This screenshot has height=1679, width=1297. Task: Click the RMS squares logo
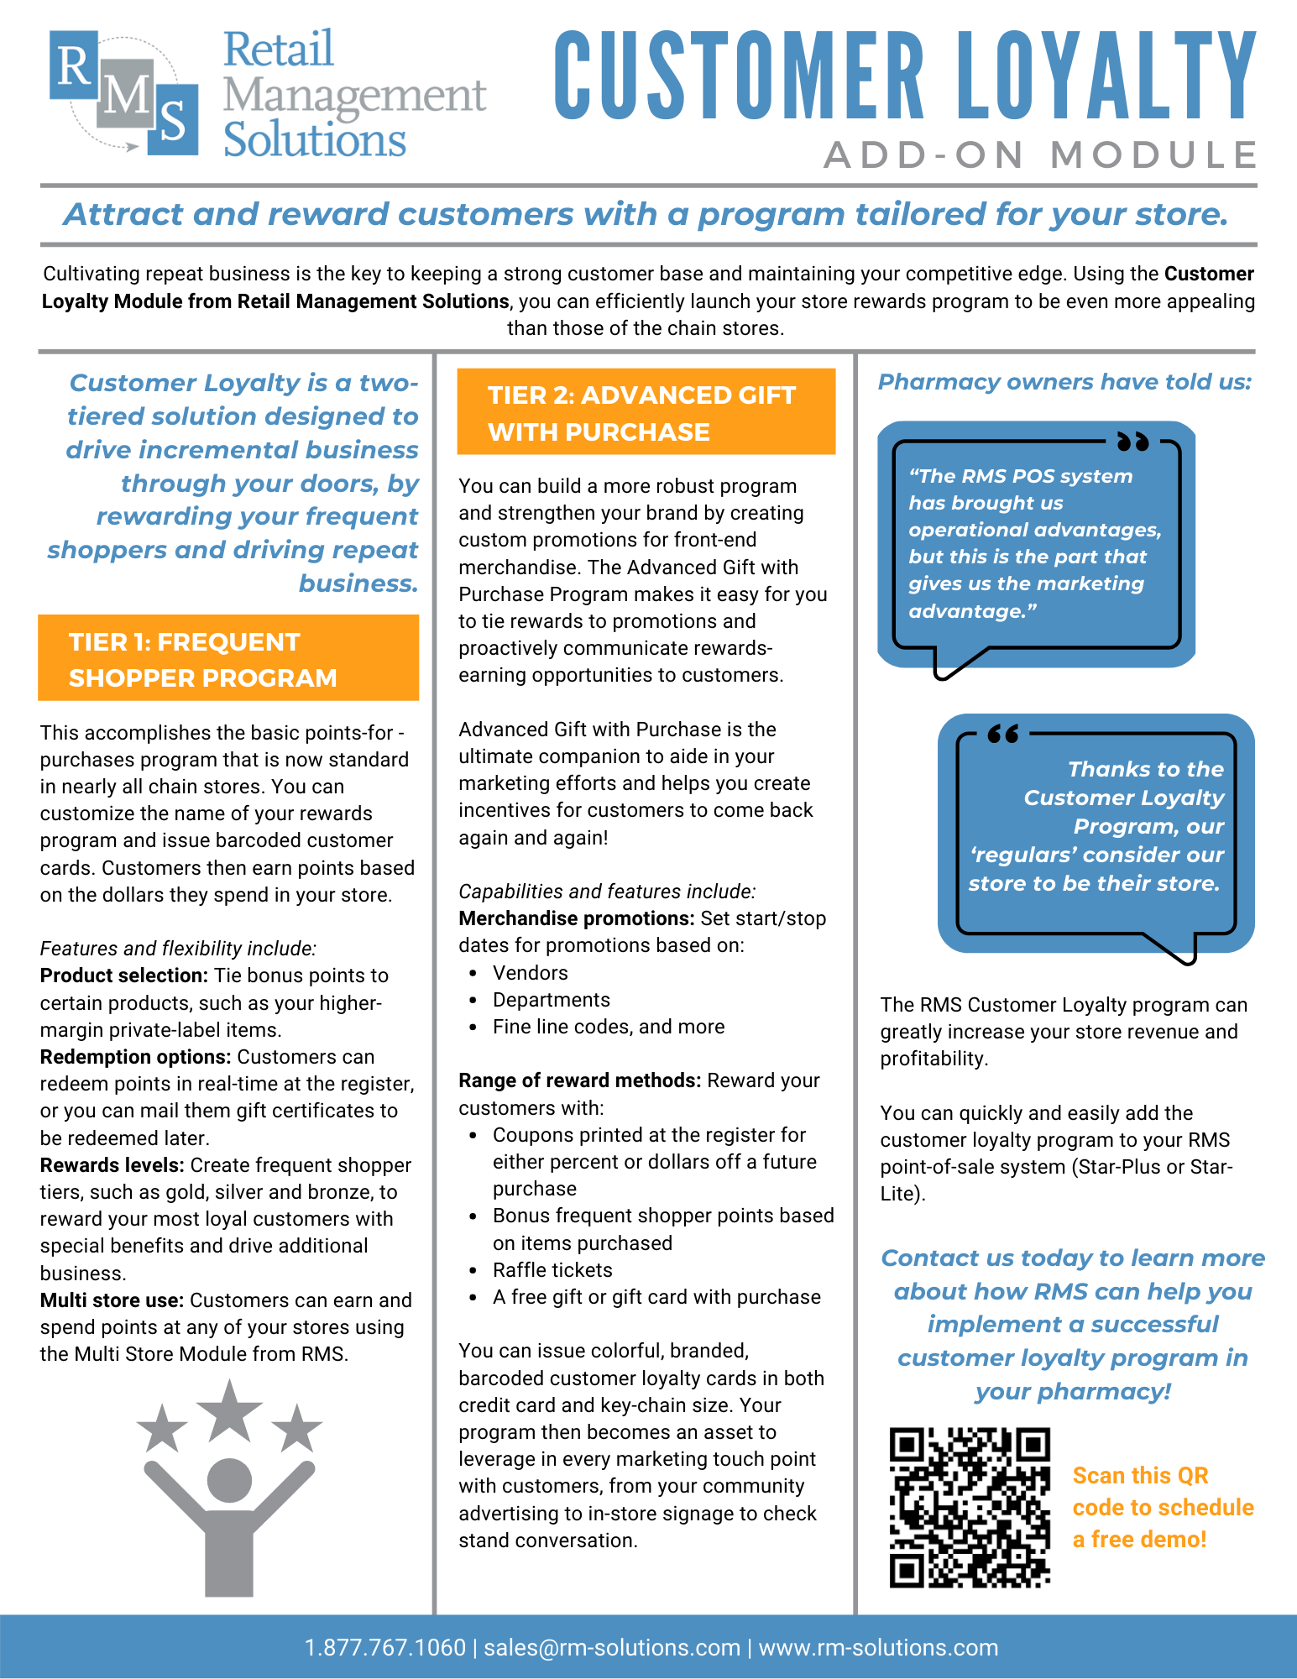pos(124,93)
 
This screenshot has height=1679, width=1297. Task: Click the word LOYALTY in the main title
pos(1106,76)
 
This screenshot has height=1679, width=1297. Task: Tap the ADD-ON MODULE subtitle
pos(1040,155)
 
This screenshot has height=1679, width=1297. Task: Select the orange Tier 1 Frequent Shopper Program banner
pos(228,658)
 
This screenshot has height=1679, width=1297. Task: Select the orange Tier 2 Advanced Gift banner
pos(646,412)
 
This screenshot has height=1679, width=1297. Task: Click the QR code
pos(970,1508)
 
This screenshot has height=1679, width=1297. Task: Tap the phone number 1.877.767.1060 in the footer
pos(384,1647)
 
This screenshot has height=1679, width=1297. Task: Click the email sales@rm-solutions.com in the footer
pos(612,1647)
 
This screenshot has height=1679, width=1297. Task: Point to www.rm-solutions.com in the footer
pos(878,1647)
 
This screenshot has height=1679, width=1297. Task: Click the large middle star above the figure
pos(229,1410)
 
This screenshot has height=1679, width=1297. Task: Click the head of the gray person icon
pos(229,1480)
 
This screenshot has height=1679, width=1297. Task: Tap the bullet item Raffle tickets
pos(552,1270)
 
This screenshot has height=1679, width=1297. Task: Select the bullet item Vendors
pos(530,973)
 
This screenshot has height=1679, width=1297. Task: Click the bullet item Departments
pos(551,1000)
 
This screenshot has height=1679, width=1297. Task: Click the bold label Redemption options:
pos(135,1057)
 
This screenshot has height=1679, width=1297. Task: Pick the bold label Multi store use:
pos(112,1300)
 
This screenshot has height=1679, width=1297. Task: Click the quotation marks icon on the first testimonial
pos(1132,441)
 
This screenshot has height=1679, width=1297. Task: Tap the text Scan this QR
pos(1140,1476)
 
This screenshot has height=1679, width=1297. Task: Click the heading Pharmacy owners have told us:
pos(1064,382)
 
